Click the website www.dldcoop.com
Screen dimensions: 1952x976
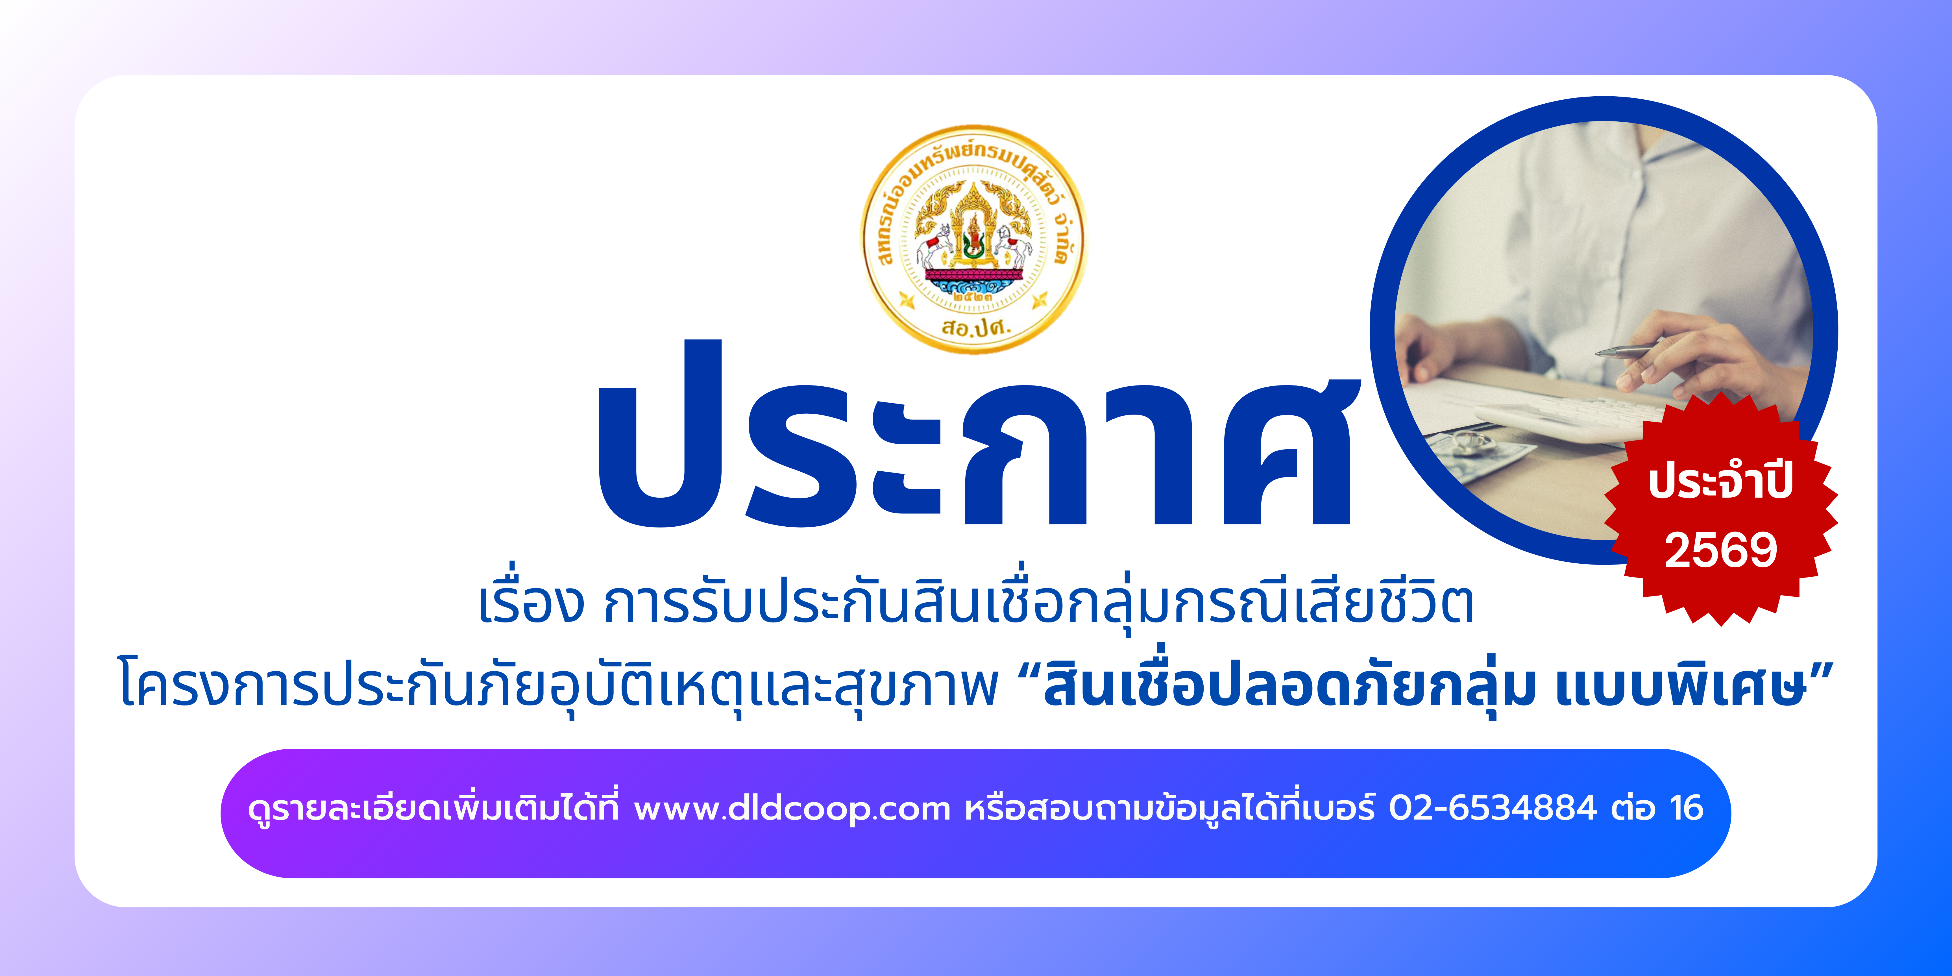tap(792, 809)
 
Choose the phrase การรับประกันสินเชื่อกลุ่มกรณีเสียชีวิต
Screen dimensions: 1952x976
tap(1038, 604)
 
